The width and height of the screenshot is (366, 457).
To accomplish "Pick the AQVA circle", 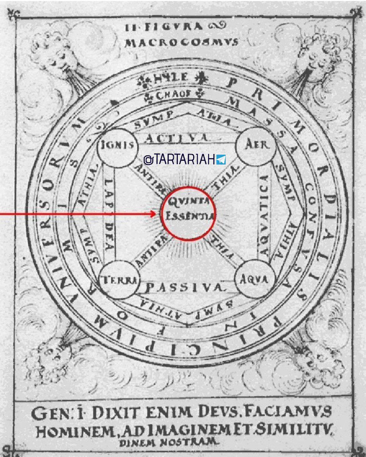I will [x=254, y=280].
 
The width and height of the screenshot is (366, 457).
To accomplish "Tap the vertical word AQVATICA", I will [x=263, y=215].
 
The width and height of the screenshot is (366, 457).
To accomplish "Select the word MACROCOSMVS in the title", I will [x=182, y=42].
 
